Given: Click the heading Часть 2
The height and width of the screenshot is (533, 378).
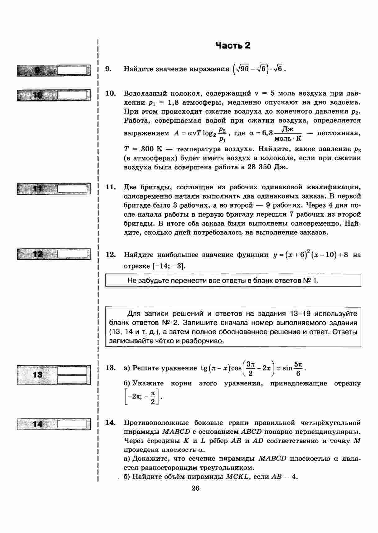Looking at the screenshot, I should point(233,46).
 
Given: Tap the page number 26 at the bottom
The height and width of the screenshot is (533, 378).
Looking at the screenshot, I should point(196,488).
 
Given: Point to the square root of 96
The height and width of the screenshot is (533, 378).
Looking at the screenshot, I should point(242,69).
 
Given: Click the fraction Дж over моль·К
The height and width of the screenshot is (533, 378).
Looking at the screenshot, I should point(288,134).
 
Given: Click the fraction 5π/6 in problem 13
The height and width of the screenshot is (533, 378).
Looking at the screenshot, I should point(298,368).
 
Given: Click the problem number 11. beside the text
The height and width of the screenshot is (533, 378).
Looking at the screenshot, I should point(110,187).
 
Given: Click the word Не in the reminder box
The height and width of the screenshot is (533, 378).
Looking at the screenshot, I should point(132,281).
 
